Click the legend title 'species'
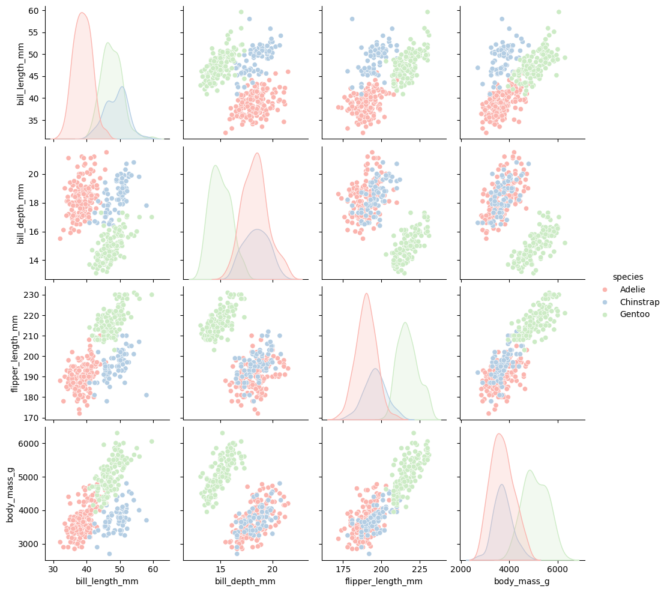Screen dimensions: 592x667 628,277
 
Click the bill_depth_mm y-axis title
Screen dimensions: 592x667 20,214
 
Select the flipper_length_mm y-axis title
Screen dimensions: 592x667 15,354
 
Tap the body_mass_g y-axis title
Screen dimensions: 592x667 10,492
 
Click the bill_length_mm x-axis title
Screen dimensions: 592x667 107,581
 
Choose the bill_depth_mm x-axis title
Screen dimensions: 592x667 246,581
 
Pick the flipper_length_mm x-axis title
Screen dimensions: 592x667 384,581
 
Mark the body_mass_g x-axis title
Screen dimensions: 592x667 522,581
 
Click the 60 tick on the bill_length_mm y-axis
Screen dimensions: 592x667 33,11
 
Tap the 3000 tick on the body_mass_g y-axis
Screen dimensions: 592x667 29,544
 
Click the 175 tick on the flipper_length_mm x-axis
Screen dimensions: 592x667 343,569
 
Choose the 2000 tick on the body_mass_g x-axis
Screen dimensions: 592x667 460,569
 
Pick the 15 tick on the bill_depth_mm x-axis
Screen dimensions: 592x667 220,569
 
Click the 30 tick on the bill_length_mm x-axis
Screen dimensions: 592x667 53,569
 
